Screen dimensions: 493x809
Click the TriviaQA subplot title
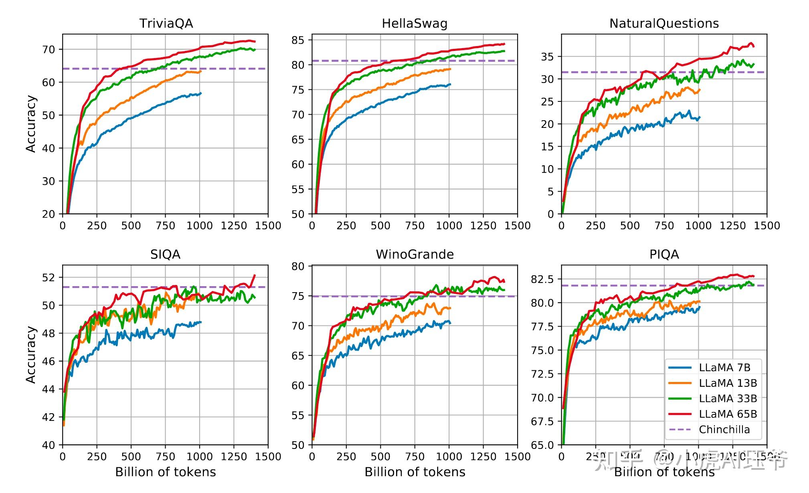coord(166,23)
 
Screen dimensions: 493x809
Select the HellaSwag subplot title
coord(415,23)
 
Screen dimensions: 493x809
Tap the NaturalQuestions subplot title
coord(664,23)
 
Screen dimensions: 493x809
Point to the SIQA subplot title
coord(165,255)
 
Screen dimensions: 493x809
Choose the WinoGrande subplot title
coord(415,255)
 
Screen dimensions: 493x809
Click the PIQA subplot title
coord(664,255)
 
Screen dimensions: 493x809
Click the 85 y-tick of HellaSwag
coord(298,40)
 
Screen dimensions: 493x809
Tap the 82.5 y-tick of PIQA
coord(542,279)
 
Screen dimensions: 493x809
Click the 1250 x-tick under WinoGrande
coord(483,457)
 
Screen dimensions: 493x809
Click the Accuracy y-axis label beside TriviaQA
coord(31,124)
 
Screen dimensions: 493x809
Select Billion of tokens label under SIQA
coord(165,472)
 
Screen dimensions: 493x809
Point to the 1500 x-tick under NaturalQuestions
coord(767,226)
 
